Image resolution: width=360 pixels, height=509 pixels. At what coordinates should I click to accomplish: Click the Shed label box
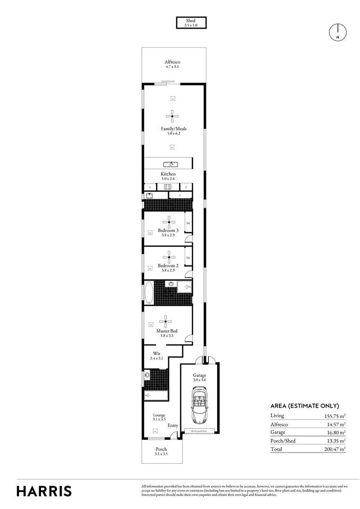[x=191, y=23]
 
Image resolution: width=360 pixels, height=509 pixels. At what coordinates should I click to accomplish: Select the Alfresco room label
[x=172, y=64]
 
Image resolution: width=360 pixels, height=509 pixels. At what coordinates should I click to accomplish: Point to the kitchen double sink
[x=170, y=164]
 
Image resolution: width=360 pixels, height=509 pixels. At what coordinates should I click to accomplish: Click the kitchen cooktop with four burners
[x=168, y=187]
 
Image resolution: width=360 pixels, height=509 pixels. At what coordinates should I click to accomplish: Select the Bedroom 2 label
[x=168, y=268]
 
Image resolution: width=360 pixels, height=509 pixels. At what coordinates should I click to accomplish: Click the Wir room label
[x=157, y=356]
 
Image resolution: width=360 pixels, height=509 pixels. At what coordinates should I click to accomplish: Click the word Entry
[x=173, y=426]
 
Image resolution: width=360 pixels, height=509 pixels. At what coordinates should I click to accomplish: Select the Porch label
[x=161, y=452]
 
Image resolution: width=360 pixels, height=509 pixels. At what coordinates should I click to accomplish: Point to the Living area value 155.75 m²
[x=333, y=416]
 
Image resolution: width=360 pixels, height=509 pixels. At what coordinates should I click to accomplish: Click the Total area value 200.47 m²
[x=332, y=449]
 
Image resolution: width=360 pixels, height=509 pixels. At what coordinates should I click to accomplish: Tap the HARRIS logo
[x=44, y=491]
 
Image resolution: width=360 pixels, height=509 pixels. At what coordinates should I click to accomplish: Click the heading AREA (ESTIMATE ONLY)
[x=305, y=406]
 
